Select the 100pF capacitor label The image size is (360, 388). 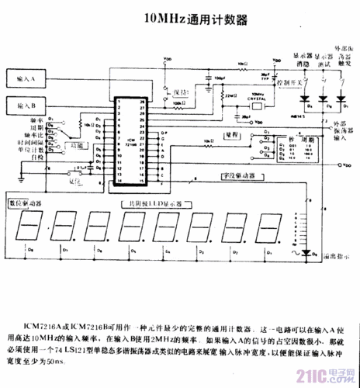coord(220,78)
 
